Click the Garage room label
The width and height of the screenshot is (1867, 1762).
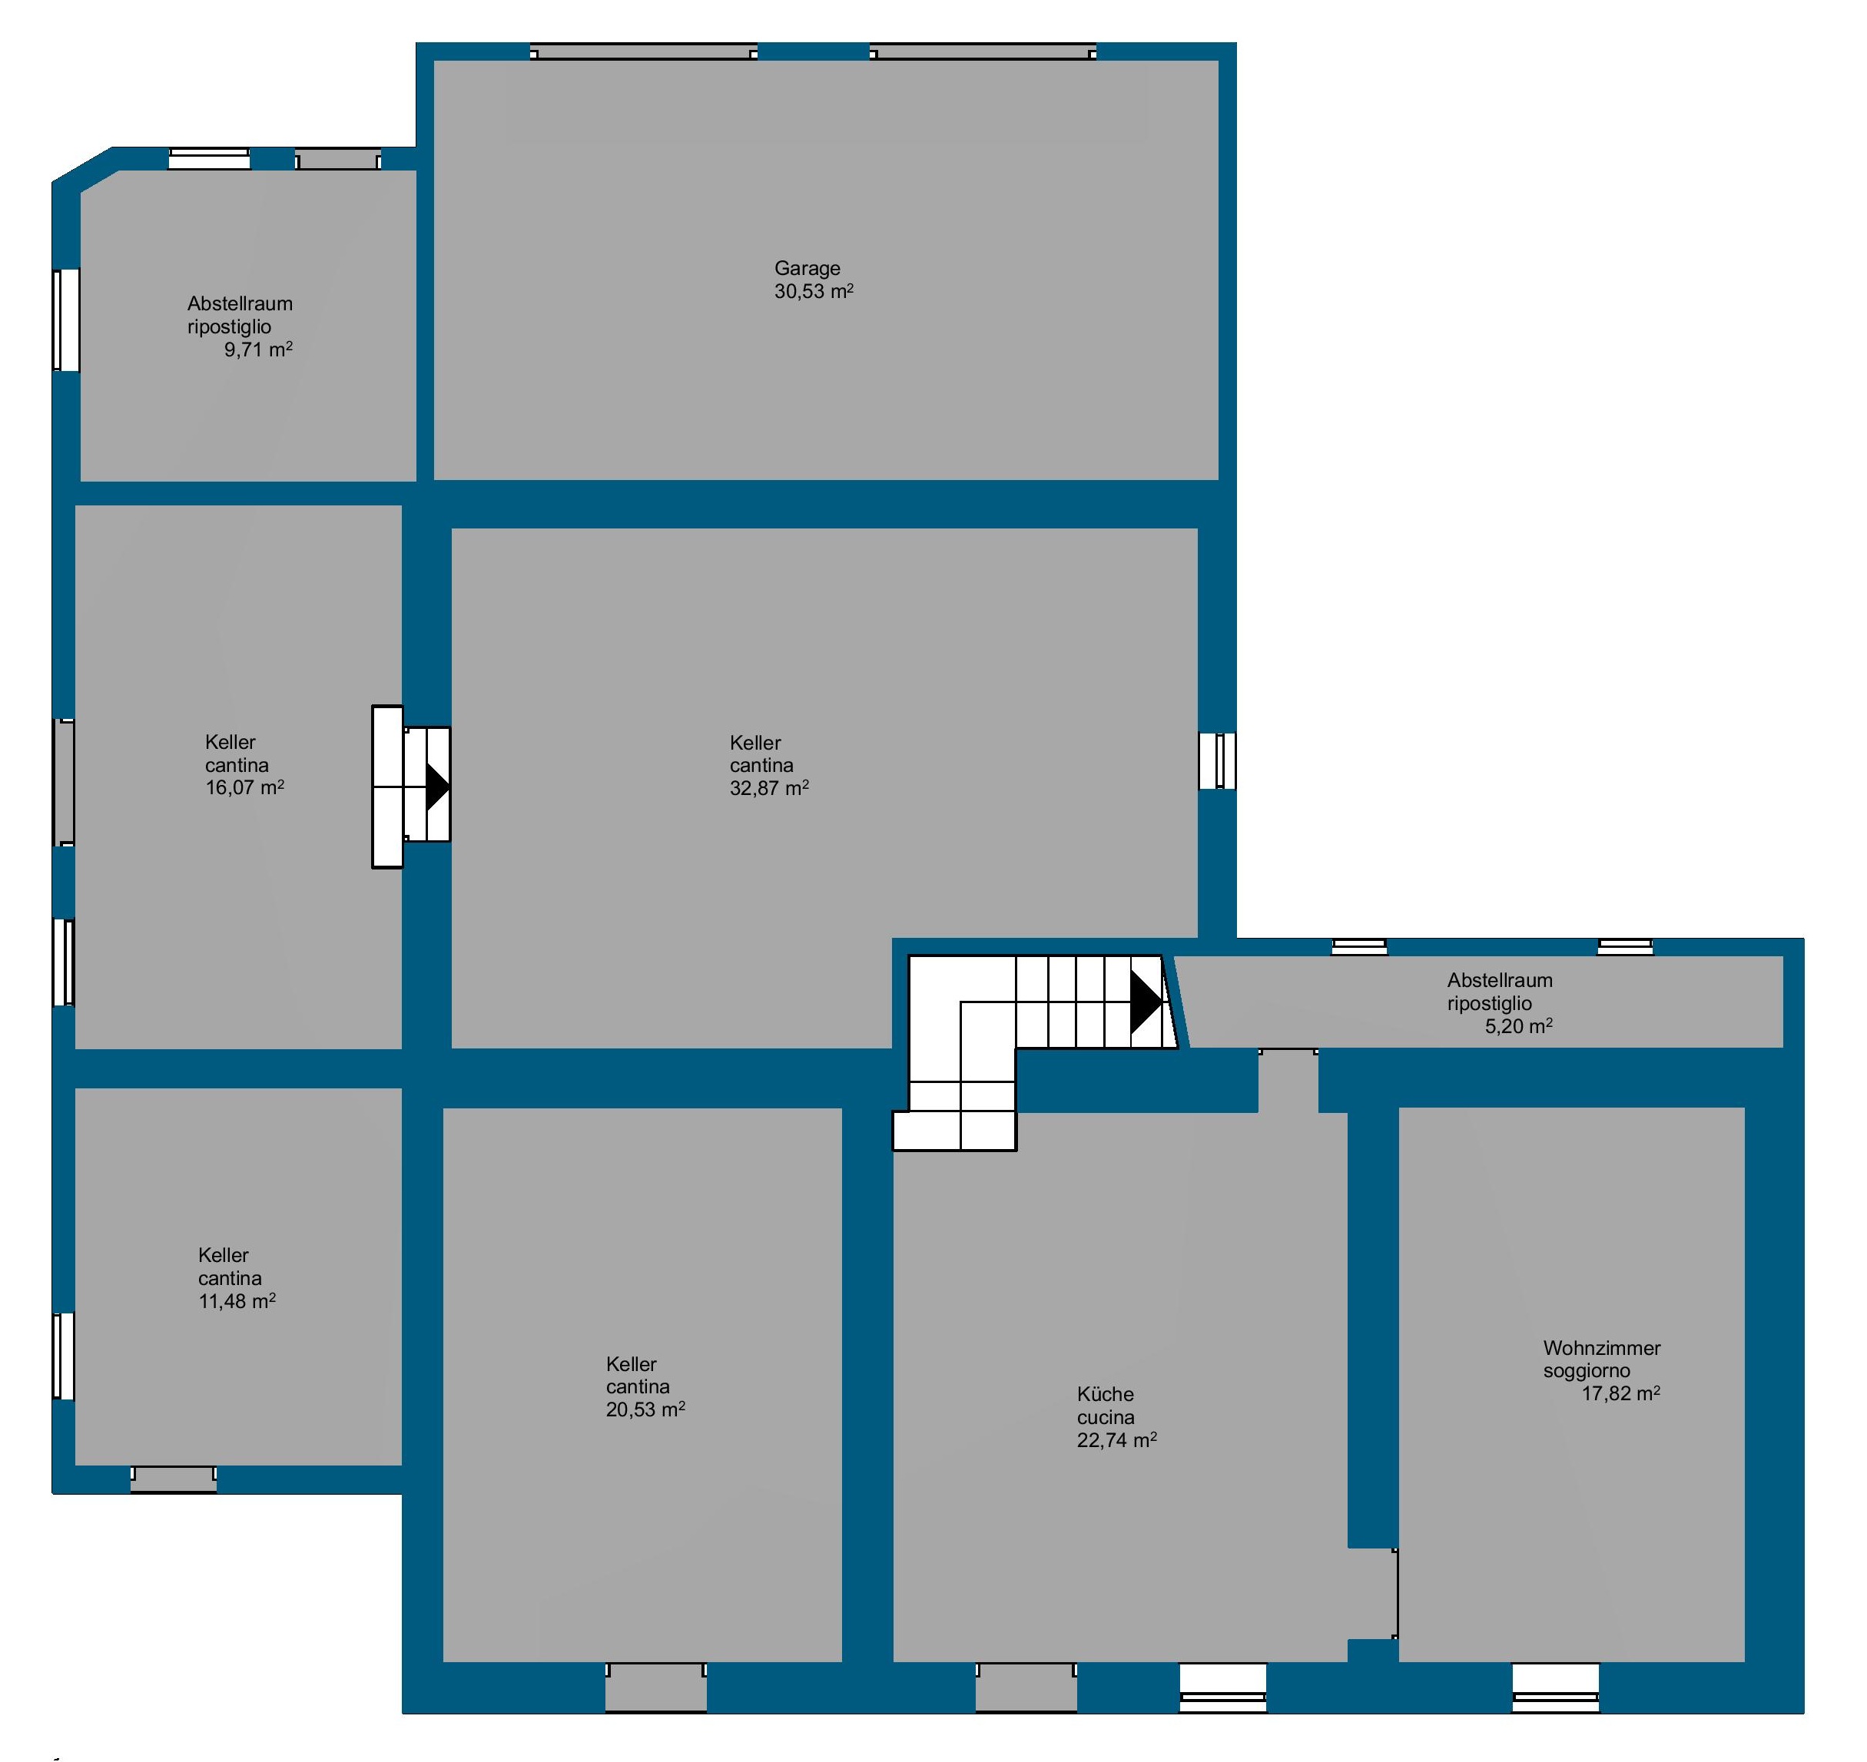coord(807,270)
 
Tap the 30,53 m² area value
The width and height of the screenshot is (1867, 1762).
coord(814,292)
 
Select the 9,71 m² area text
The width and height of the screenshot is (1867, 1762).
coord(258,350)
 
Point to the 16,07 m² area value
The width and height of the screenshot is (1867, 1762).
coord(245,788)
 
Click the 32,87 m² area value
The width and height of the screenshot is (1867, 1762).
coord(770,788)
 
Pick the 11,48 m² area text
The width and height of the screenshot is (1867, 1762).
coord(237,1302)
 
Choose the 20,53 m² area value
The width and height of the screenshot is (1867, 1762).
coord(645,1409)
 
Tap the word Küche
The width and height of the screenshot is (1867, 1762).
coord(1105,1395)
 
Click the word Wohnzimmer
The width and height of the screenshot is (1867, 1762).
coord(1602,1349)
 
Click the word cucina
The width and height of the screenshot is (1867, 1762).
coord(1105,1417)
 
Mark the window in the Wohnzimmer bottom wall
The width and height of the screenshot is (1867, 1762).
coord(1555,1687)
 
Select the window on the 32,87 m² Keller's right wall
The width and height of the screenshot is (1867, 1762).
coord(1217,760)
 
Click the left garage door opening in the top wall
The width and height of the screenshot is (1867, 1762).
coord(644,51)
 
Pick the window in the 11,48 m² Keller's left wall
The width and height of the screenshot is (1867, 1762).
coord(63,1356)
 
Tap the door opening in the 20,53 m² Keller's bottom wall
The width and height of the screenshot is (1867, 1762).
coord(656,1687)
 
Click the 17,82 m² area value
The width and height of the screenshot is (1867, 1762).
coord(1621,1394)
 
